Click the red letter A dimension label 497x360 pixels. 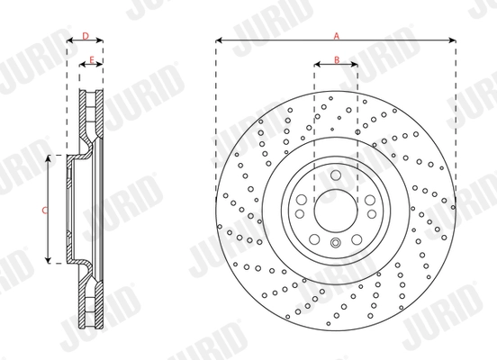coord(336,36)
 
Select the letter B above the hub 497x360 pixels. coord(336,60)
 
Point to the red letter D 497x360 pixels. coord(85,36)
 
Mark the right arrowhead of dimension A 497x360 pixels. coord(454,41)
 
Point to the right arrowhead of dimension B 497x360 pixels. coord(356,66)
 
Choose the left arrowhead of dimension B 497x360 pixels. coord(316,66)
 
